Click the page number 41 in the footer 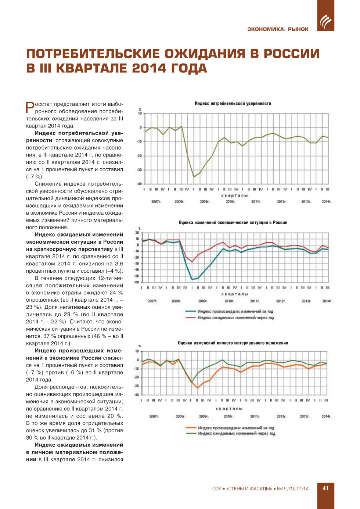click(325, 488)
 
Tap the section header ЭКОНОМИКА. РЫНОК click(278, 29)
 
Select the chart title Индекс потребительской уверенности click(233, 104)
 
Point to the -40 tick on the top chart click(140, 184)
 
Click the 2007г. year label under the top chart click(156, 201)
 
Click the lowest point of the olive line click(194, 177)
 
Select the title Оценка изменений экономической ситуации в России click(233, 223)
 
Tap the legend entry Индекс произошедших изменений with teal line click(235, 312)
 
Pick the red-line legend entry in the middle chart click(235, 318)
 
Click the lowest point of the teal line click(192, 280)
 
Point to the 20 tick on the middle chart click(137, 233)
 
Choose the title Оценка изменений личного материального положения click(233, 343)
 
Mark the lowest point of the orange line click(198, 388)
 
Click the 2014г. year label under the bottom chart click(326, 416)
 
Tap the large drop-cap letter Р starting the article click(30, 107)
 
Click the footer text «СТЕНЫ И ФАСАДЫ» click(249, 489)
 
